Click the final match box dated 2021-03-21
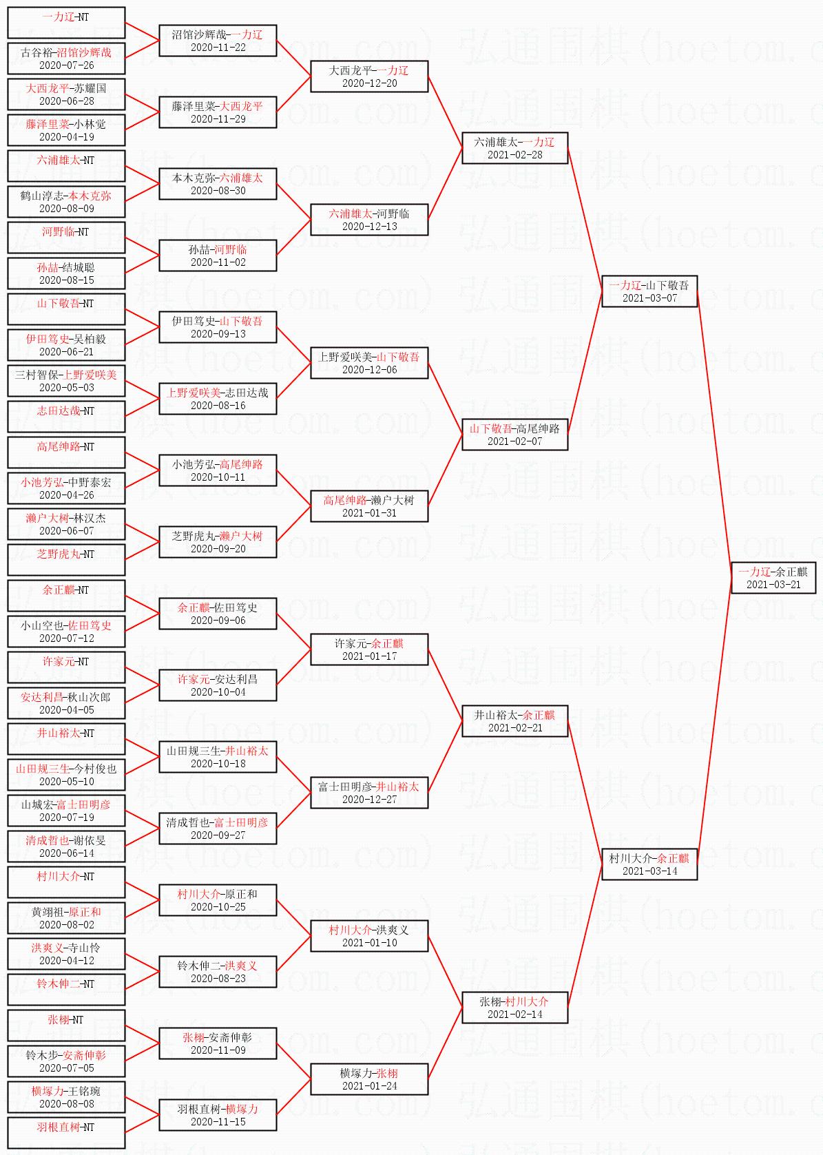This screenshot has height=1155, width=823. pos(773,577)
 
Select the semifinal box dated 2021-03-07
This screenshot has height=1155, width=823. pos(649,291)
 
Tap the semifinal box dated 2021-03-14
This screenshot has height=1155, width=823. pos(649,864)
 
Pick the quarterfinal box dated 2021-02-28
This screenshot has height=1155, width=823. pos(514,147)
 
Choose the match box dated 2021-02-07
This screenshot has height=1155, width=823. pos(514,434)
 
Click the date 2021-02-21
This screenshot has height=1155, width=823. pos(514,728)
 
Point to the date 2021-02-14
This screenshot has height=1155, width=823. pos(514,1014)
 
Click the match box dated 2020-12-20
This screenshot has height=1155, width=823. pos(369,76)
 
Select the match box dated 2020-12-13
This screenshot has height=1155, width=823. pos(369,219)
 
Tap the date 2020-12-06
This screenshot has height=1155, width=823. pos(369,370)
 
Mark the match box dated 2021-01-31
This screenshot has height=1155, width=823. pos(369,506)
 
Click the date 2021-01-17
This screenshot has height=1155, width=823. pos(369,656)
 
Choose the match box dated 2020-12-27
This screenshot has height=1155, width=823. pos(369,792)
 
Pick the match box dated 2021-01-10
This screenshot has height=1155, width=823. pos(369,935)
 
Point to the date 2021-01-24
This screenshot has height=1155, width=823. pos(369,1086)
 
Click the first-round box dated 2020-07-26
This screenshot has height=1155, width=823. pos(66,58)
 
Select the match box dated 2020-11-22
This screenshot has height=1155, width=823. pos(218,40)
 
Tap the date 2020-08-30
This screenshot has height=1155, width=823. pos(218,191)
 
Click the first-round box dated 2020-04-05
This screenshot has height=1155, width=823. pos(66,703)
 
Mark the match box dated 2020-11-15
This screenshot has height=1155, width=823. pos(218,1114)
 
